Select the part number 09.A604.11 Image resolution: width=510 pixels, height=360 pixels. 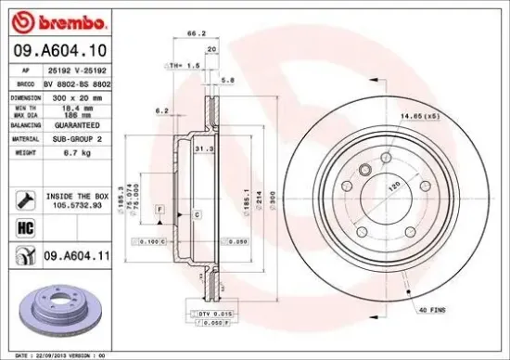pos(77,253)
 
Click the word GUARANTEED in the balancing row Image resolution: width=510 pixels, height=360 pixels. pos(78,122)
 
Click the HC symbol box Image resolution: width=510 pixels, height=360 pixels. pos(24,225)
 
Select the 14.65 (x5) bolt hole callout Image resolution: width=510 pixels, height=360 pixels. pos(418,116)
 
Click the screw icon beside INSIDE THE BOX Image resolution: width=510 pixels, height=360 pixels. pos(24,198)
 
